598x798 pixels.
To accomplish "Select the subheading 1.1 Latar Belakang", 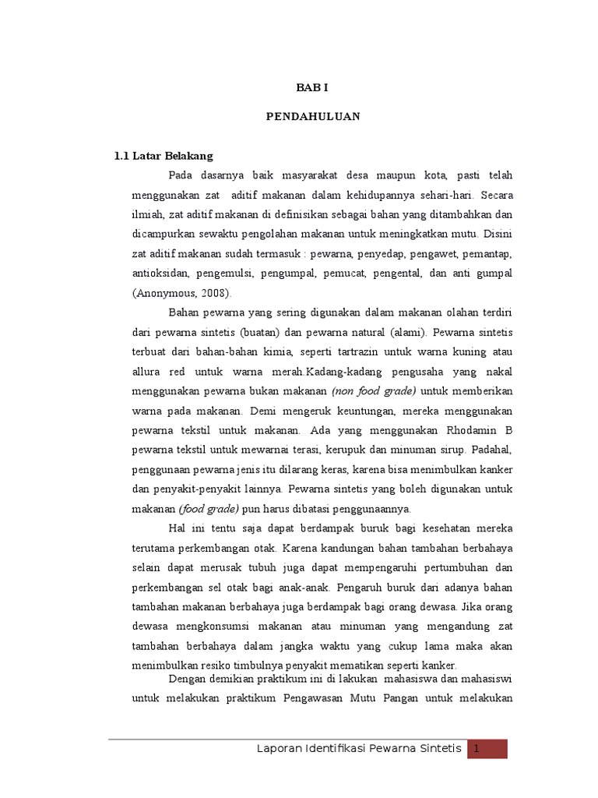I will point(163,156).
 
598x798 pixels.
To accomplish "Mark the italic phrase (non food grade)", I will point(373,390).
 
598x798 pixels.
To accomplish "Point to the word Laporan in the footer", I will point(281,749).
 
